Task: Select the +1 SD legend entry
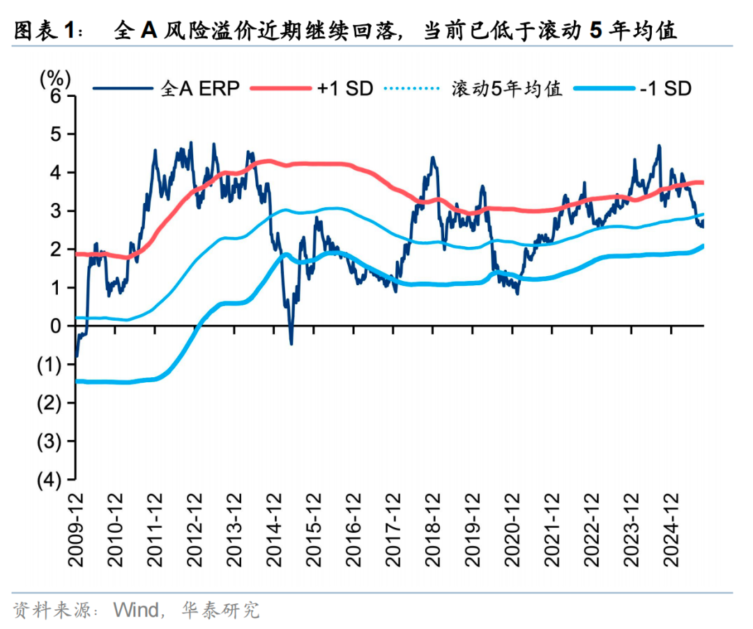pos(346,89)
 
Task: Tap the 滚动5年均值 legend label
pos(507,89)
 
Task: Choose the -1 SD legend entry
pos(666,89)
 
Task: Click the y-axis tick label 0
pos(56,326)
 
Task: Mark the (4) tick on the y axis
pos(51,480)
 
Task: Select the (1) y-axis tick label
pos(51,364)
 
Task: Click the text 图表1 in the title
pos(43,31)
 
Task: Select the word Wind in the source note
pos(135,611)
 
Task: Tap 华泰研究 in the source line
pos(220,611)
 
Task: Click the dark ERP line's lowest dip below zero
pos(291,343)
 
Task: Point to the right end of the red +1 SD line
pos(702,183)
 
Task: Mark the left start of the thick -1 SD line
pos(76,381)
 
